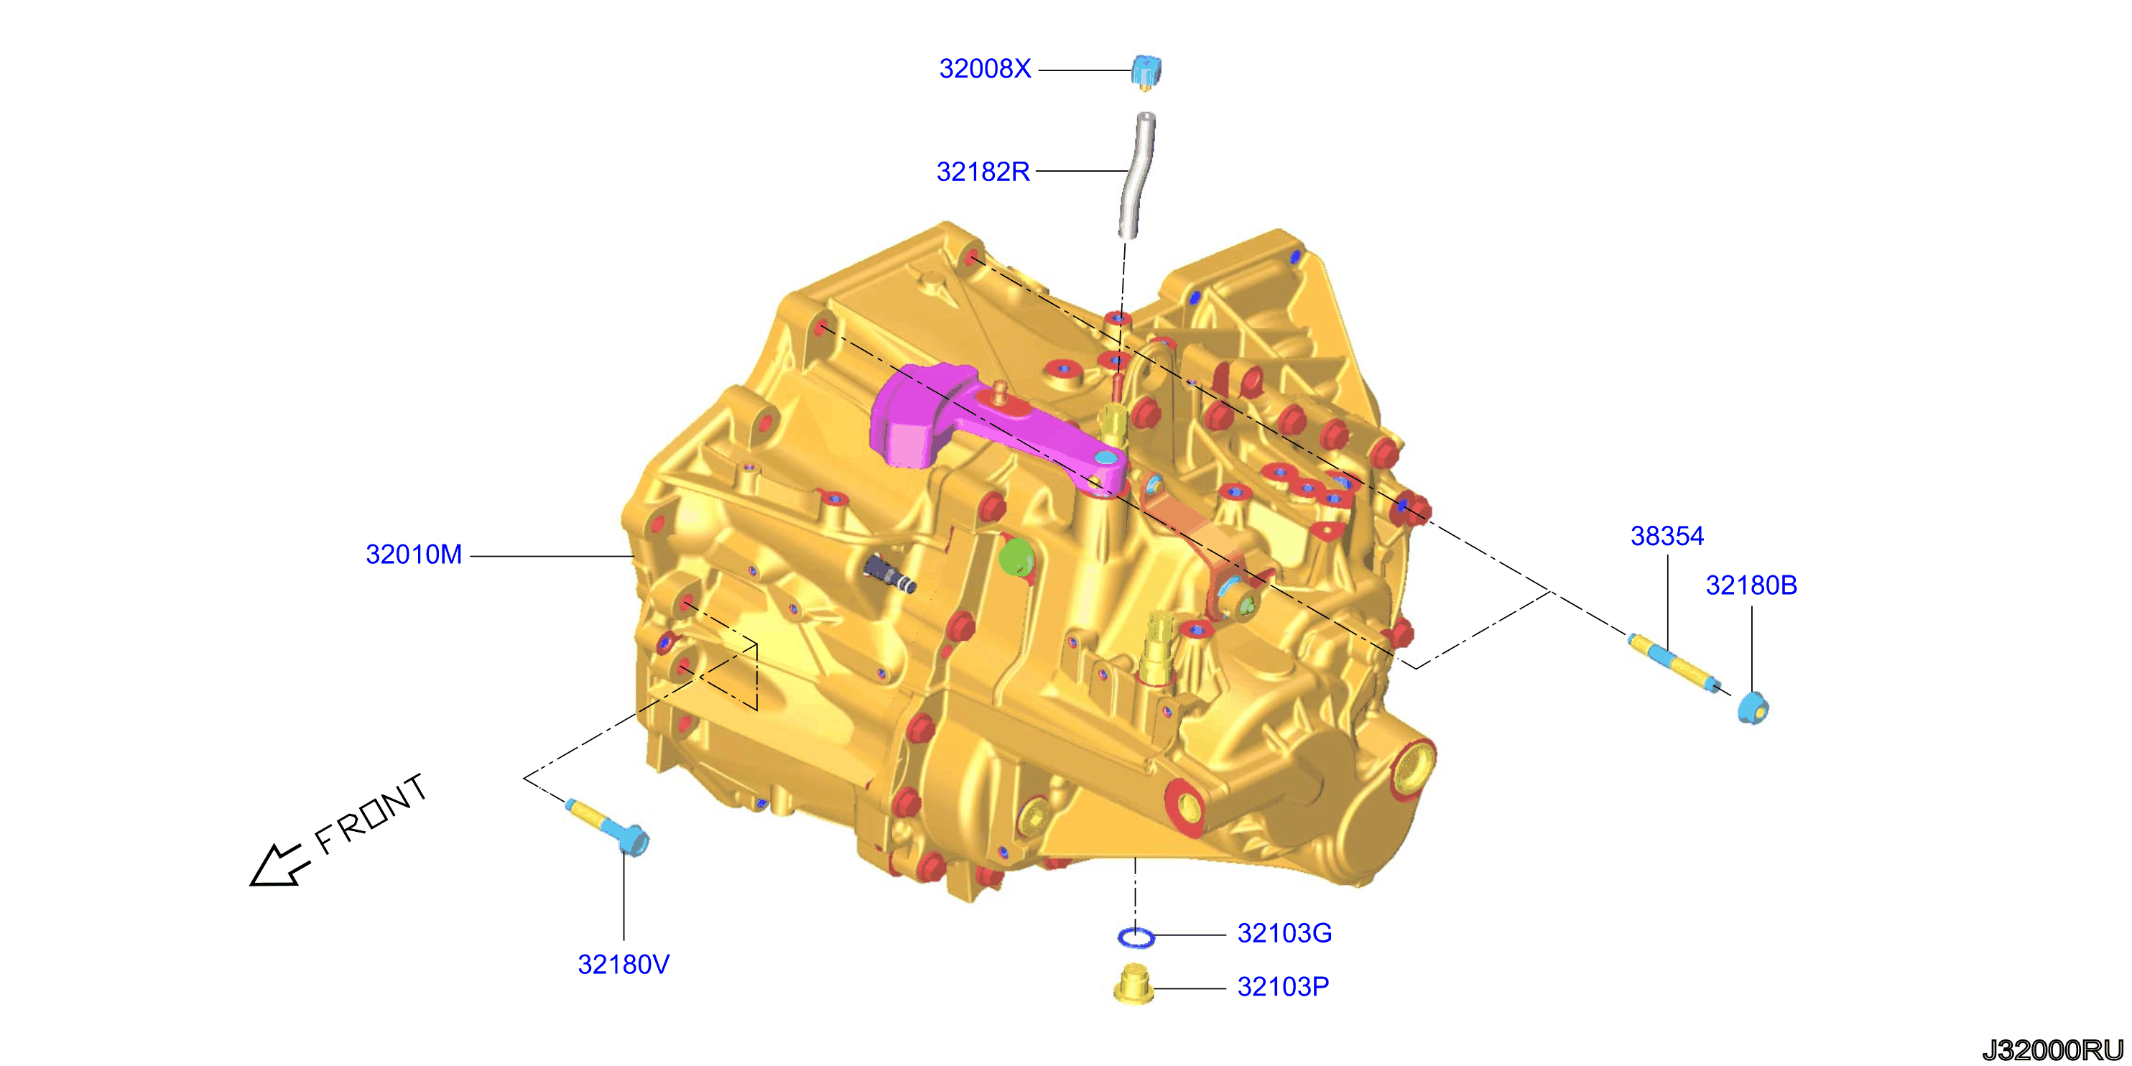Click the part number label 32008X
985,69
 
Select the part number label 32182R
983,172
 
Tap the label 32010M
414,555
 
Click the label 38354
1667,537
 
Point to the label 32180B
1751,586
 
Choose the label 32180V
624,965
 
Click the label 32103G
1284,934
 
